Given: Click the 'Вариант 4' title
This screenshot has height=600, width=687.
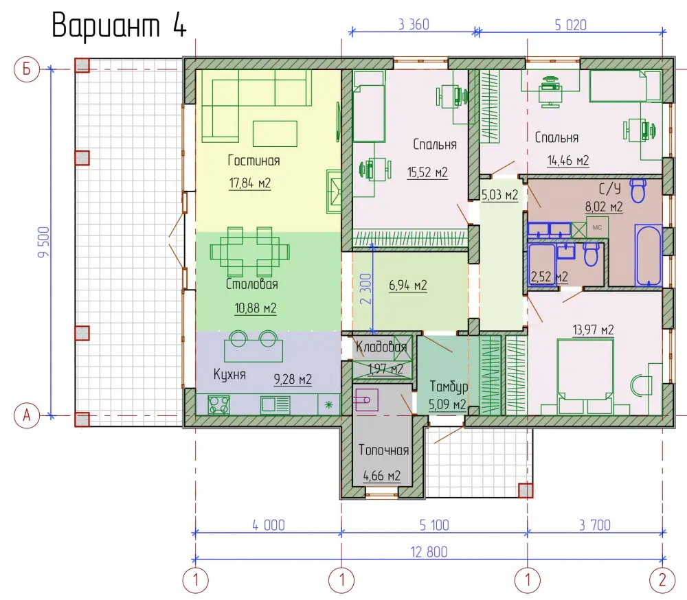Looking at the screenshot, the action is point(119,25).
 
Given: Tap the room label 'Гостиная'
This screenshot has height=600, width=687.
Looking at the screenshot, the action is point(254,160).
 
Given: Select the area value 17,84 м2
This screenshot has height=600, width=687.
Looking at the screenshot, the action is point(250,183).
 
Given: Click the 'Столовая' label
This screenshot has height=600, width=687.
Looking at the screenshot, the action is point(252,284).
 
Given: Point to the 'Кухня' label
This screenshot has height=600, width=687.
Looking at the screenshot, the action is point(229,374).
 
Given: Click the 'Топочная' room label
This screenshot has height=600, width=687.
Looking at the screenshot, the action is point(383,450).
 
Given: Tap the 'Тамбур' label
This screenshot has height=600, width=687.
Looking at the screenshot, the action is point(449,386).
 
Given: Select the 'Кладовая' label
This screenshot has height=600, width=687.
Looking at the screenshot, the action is point(381,347).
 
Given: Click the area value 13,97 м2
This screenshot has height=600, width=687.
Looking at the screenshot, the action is point(593,330).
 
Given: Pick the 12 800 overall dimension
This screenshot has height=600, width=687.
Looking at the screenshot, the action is point(429,552).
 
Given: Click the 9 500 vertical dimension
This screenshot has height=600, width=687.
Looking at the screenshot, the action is point(44,242).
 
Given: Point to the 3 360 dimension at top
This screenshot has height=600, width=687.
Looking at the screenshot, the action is point(414,25).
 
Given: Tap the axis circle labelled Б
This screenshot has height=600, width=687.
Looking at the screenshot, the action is point(27,69).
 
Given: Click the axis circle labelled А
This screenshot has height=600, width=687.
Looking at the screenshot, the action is point(27,415).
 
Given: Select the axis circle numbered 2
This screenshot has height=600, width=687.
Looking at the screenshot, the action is point(662,580).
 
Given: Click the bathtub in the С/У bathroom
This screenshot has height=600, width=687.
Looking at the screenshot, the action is point(648,255).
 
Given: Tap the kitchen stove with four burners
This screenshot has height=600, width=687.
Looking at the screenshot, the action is point(218,404).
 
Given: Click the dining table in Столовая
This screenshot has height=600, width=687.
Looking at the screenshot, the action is point(250,252).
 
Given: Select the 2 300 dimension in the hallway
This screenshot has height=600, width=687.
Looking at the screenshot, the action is point(366,288).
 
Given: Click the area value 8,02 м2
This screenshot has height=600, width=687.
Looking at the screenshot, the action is point(604,207).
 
